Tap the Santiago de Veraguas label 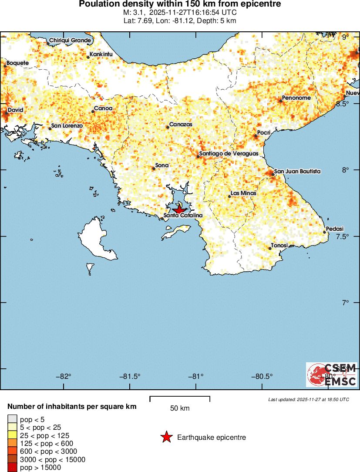[x=229, y=154]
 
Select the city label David [x=15, y=110]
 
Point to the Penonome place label [x=296, y=98]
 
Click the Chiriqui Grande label [x=70, y=40]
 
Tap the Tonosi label [x=279, y=246]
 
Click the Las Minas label [x=243, y=193]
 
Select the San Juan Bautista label [x=297, y=172]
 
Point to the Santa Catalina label [x=183, y=215]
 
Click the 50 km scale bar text [x=180, y=408]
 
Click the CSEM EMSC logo [x=332, y=374]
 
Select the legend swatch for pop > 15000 [x=13, y=468]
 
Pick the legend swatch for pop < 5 [x=13, y=419]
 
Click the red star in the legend [x=166, y=437]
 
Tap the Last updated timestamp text [x=309, y=399]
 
